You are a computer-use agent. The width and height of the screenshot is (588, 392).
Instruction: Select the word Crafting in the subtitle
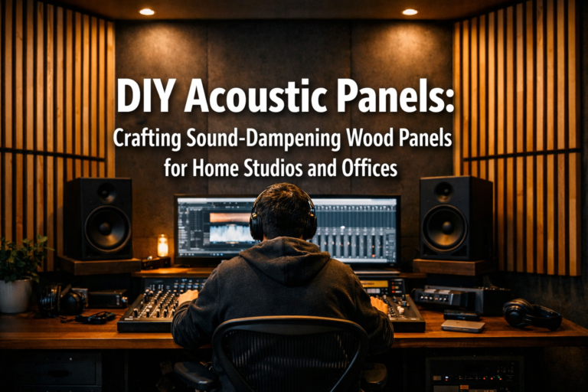coord(150,139)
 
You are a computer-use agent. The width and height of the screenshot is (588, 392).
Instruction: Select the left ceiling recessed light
coord(146,11)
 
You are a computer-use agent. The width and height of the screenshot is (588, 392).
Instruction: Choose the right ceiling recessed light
coord(410,11)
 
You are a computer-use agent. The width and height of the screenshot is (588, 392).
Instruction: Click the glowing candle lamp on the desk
coord(162,247)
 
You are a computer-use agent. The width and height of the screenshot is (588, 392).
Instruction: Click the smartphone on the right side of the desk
coord(463,325)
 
